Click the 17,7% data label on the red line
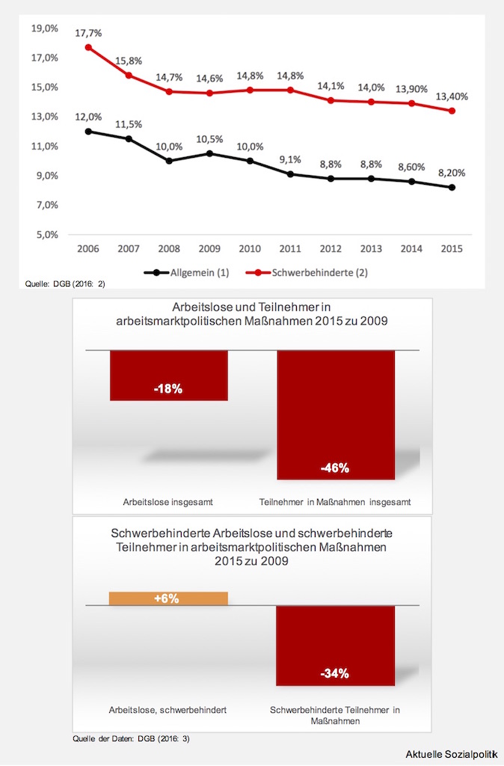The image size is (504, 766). (88, 33)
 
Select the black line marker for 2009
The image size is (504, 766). (209, 153)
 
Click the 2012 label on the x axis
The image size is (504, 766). (331, 248)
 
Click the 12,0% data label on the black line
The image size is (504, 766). (88, 117)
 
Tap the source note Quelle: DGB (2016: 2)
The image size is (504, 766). (54, 284)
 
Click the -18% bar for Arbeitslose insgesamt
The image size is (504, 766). (168, 376)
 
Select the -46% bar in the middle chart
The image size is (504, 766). (335, 414)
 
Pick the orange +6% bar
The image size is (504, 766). (168, 598)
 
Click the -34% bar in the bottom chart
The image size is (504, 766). (335, 646)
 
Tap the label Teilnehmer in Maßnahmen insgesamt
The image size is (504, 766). (335, 501)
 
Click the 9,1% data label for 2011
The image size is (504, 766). (290, 159)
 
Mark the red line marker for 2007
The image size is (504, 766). (129, 76)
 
